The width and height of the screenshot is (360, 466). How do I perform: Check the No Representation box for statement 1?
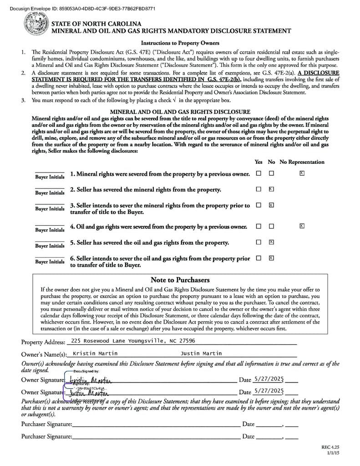302,173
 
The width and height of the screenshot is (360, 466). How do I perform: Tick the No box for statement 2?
271,189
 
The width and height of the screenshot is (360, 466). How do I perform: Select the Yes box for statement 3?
259,205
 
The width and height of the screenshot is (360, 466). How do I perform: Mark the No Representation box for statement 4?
302,226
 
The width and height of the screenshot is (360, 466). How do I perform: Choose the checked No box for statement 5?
271,242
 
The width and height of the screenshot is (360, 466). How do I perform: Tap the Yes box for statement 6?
259,258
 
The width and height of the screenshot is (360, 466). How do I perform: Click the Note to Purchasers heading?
180,280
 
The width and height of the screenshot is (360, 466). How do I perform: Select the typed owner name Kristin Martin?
95,354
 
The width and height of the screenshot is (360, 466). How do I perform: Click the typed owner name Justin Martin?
201,354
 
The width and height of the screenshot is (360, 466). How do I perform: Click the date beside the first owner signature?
269,379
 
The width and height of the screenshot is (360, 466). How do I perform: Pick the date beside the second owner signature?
269,391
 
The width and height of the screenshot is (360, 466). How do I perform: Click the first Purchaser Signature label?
46,424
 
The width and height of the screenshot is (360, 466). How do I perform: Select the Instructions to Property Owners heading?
180,43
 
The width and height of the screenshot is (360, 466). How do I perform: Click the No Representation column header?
302,162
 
